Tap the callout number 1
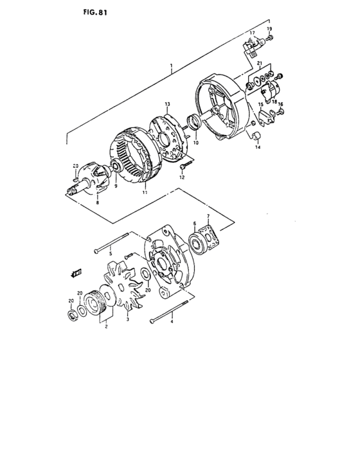[x=171, y=67]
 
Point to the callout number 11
[x=145, y=192]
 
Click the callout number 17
[x=253, y=33]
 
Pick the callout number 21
[x=259, y=64]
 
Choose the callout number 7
[x=208, y=216]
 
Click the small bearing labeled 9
[x=117, y=168]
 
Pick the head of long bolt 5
[x=97, y=249]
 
